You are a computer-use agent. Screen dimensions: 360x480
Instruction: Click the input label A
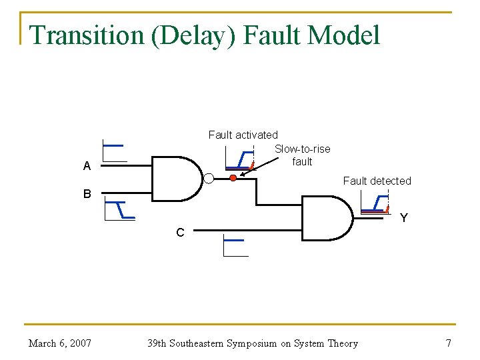click(x=87, y=167)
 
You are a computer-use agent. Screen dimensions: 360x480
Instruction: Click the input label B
click(x=87, y=194)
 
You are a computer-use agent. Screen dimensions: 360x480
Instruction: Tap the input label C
click(x=180, y=233)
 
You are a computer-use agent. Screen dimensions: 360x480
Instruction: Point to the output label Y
click(x=403, y=218)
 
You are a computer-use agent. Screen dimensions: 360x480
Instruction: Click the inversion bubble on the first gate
click(x=209, y=178)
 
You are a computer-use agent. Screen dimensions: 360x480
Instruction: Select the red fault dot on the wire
click(x=233, y=178)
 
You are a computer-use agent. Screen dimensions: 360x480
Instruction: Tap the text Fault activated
click(x=243, y=135)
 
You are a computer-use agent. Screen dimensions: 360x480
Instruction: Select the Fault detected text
click(x=377, y=181)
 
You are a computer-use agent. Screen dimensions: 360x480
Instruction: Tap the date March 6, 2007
click(x=60, y=343)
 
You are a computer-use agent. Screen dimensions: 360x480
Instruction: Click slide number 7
click(x=448, y=343)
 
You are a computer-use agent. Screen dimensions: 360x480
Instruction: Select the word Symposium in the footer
click(x=253, y=343)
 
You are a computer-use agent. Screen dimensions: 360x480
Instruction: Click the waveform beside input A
click(x=114, y=151)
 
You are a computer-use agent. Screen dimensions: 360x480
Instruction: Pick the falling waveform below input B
click(x=121, y=209)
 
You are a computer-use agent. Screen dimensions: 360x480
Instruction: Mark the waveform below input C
click(x=235, y=246)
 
